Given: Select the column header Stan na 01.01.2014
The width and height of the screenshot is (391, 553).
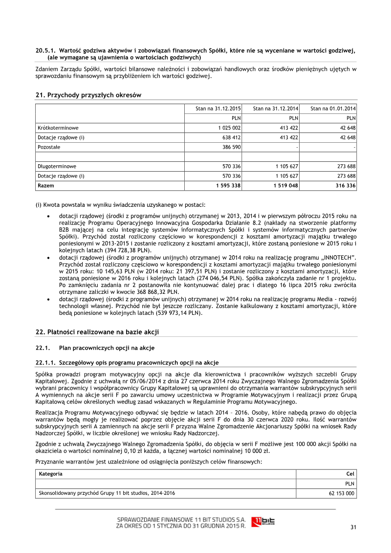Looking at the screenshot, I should [333, 108].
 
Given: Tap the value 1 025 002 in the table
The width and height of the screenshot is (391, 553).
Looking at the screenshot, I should [228, 128].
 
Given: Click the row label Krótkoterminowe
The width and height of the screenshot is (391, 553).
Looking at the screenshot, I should [58, 128].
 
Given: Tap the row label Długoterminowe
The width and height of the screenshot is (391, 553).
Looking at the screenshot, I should [57, 166].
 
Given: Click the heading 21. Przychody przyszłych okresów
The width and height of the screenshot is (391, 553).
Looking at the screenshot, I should [88, 95].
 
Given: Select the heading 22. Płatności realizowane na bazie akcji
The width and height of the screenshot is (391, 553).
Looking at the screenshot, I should [97, 332].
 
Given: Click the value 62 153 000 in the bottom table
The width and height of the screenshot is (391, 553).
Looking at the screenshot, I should [342, 493].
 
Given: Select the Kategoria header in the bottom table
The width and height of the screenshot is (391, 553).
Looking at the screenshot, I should [50, 474].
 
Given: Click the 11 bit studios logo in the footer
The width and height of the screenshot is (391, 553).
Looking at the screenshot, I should [263, 521].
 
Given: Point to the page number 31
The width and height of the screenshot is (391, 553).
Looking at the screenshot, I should [354, 527].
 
